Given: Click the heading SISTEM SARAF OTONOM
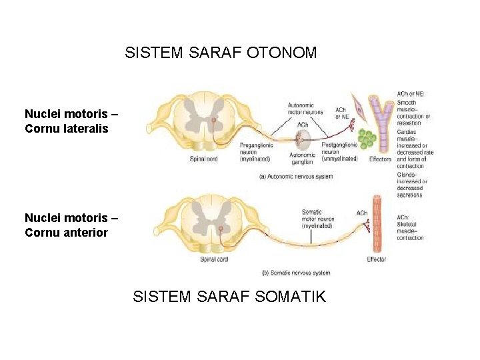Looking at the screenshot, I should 221,53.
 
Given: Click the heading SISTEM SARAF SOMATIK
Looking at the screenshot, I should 229,297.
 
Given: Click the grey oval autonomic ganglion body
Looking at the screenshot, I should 303,139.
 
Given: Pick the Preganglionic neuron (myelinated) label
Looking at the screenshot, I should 255,152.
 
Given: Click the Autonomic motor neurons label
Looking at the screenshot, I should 305,109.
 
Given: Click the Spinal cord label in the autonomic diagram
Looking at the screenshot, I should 203,159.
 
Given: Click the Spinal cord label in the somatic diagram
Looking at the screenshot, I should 214,259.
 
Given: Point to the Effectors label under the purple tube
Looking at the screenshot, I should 380,159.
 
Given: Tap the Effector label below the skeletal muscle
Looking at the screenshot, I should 377,259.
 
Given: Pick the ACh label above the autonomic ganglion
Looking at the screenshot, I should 302,125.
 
